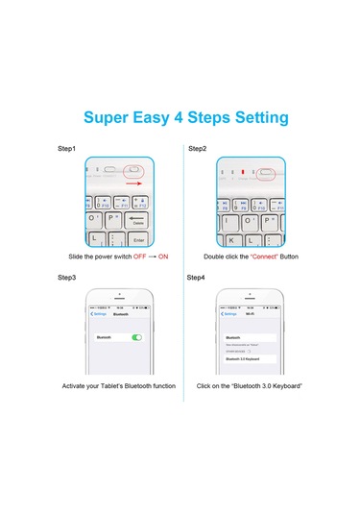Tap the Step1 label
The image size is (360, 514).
[x=66, y=149]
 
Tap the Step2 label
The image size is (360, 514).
[x=197, y=149]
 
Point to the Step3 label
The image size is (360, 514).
[x=66, y=278]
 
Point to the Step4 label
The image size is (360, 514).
[x=197, y=278]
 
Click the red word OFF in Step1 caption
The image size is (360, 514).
[x=139, y=257]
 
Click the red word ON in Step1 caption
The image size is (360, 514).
[x=163, y=257]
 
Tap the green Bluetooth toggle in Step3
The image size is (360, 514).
[x=137, y=338]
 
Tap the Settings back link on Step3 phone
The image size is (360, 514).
[x=98, y=314]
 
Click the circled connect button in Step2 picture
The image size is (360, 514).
[x=267, y=174]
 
